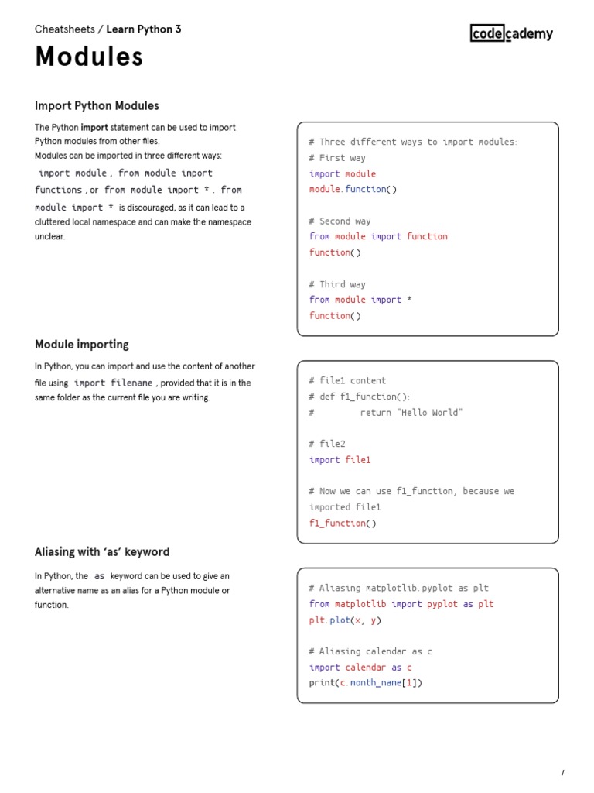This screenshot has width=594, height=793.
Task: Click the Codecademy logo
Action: (x=511, y=33)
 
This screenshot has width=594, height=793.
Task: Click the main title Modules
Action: (x=89, y=57)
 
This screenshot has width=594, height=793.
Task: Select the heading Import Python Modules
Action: (x=97, y=105)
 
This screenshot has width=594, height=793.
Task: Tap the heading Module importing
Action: (x=82, y=344)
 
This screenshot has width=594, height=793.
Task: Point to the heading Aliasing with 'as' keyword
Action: (x=102, y=552)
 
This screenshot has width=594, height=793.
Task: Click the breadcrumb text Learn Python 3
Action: (x=144, y=29)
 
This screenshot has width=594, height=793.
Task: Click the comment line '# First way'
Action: (x=337, y=158)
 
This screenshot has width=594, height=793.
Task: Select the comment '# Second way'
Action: (x=340, y=221)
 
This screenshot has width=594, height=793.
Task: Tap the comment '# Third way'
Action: (x=337, y=284)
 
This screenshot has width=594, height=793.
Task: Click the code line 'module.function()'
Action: (x=353, y=189)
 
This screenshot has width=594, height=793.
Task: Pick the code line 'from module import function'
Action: (x=378, y=236)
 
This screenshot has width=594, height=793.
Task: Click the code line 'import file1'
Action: (x=340, y=460)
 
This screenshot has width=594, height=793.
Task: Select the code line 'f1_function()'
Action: (x=343, y=523)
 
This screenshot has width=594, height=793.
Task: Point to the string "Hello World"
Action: (x=430, y=413)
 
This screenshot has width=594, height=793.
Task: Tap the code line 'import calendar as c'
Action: (x=360, y=668)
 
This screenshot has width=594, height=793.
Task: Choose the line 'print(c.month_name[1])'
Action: (x=366, y=683)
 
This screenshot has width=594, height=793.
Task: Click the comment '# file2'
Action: (x=327, y=444)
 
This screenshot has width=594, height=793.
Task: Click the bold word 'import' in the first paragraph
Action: (x=94, y=128)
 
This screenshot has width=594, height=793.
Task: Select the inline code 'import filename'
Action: (x=114, y=383)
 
